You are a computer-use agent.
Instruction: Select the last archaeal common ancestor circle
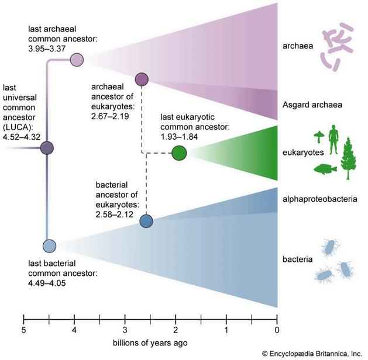pos(77,59)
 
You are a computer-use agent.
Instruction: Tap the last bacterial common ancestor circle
pos(49,246)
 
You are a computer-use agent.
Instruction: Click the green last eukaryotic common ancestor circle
pos(179,154)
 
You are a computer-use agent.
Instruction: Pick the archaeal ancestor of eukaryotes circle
pos(142,78)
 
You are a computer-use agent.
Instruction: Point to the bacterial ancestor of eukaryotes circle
pos(146,221)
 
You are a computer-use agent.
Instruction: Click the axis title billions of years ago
pos(150,342)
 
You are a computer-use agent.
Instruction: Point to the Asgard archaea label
pos(311,105)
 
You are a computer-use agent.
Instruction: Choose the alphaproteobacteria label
pos(320,199)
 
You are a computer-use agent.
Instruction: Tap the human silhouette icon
pos(333,141)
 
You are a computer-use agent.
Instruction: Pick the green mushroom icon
pos(319,136)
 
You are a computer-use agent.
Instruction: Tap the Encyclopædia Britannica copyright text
pos(312,353)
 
